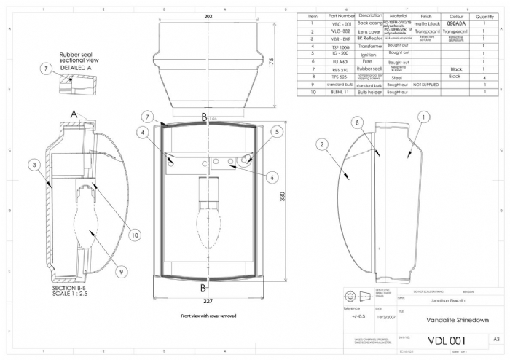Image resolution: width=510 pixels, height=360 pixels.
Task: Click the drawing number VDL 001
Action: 445,340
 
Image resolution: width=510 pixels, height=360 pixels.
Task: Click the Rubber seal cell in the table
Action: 371,69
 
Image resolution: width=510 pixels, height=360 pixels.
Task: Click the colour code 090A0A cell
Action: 455,23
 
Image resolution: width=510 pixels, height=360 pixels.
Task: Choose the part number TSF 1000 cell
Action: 340,45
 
